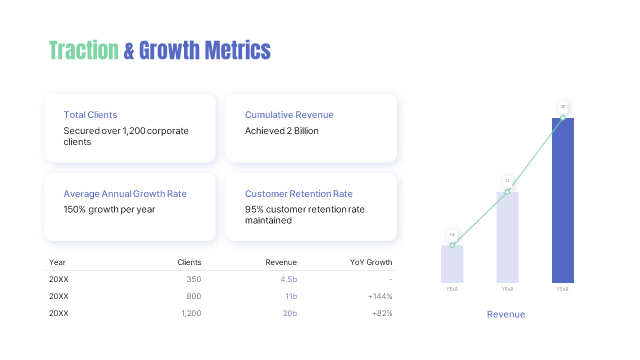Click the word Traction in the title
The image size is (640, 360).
[x=84, y=50]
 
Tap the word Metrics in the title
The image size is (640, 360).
[x=237, y=50]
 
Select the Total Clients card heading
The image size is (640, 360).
[x=90, y=115]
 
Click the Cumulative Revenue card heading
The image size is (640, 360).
[x=289, y=115]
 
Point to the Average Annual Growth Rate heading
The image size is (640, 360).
[x=125, y=194]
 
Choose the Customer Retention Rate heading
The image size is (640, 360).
[x=298, y=194]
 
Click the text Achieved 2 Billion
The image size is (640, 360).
[x=281, y=131]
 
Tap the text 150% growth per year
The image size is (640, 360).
[x=109, y=209]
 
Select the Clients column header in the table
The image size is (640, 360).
[x=189, y=262]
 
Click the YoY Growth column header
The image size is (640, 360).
[x=371, y=262]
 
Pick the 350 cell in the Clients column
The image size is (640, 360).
[x=194, y=279]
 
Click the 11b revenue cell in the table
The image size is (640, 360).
[x=291, y=296]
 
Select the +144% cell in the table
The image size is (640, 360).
[x=380, y=296]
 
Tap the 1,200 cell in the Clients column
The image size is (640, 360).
[x=191, y=313]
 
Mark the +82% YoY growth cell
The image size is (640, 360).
[x=382, y=313]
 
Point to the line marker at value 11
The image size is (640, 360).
[x=507, y=192]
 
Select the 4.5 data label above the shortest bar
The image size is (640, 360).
[x=452, y=234]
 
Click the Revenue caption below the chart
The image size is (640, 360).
[x=506, y=314]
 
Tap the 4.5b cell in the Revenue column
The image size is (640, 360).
[x=288, y=279]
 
